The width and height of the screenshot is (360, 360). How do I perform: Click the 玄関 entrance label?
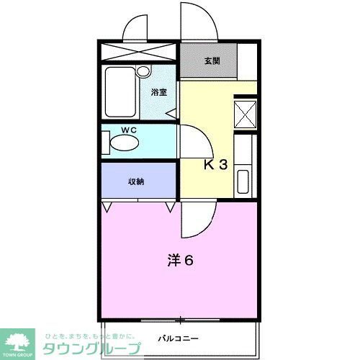coord(211,61)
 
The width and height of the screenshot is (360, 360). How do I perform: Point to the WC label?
coord(129,130)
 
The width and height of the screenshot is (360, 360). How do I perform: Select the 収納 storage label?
coord(136,181)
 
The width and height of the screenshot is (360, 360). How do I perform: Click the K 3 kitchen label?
coord(215,165)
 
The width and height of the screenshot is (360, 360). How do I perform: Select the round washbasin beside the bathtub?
coord(143,72)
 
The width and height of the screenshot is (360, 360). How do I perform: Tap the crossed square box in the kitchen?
coord(246,114)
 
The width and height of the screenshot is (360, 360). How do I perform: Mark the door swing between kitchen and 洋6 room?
coord(196,220)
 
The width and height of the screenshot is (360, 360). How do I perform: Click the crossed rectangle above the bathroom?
coord(138,53)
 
